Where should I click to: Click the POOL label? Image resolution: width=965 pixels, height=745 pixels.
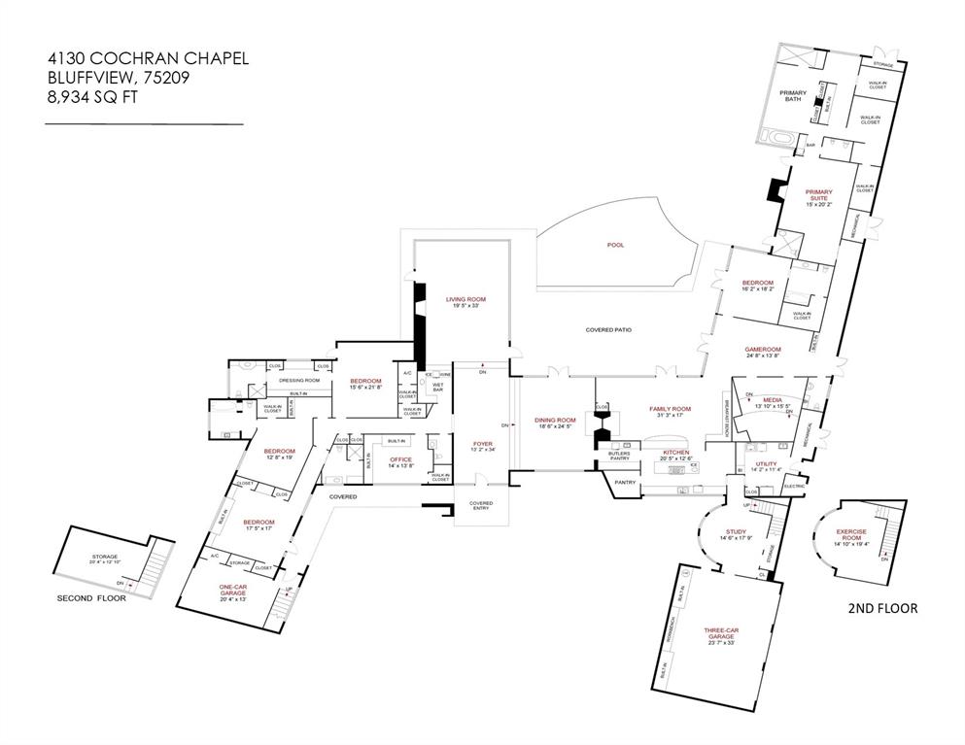click(x=615, y=245)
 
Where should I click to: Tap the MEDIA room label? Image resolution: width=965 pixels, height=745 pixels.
click(x=773, y=400)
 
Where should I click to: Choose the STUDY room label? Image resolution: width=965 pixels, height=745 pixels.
click(x=736, y=531)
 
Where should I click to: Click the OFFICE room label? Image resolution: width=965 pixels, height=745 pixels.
click(x=401, y=461)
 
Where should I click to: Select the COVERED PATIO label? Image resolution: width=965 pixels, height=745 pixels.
click(x=608, y=330)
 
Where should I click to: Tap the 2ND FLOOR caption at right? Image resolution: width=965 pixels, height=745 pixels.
click(x=883, y=609)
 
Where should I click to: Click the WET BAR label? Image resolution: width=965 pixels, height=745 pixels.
click(x=437, y=388)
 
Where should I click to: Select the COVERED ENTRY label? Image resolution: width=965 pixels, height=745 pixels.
click(x=481, y=506)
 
